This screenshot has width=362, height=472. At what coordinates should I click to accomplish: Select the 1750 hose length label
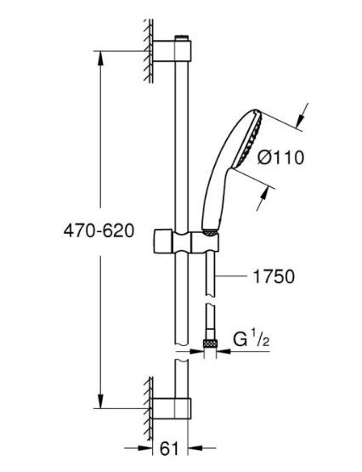click(274, 276)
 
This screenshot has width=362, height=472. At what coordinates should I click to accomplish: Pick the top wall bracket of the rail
click(173, 54)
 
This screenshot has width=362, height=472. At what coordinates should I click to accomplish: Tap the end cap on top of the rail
click(181, 38)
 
